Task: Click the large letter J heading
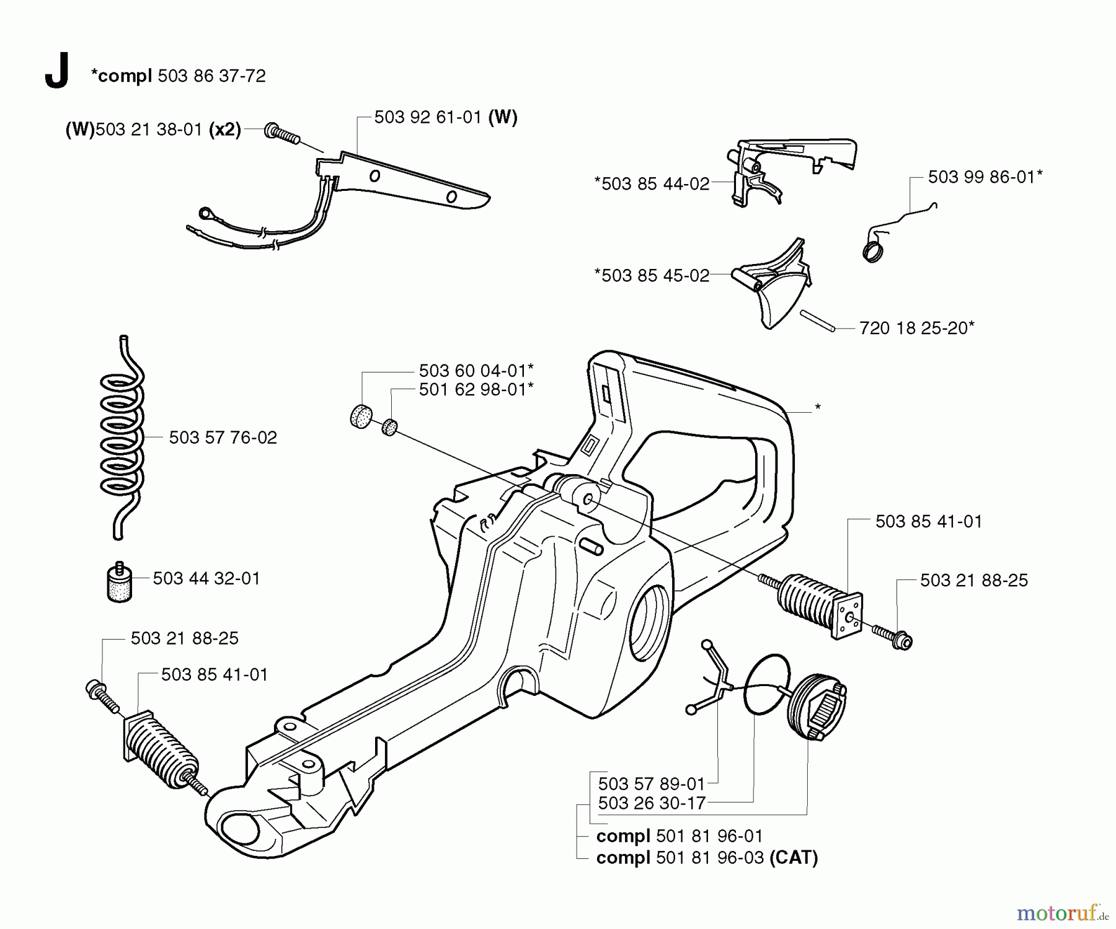tap(56, 72)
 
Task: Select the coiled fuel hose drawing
tap(122, 437)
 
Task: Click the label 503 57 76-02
tap(223, 438)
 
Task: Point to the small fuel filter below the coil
tap(118, 581)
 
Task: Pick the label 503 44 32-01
tap(206, 578)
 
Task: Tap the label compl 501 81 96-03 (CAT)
tap(707, 858)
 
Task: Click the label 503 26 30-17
tap(652, 803)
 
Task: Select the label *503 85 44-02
tap(652, 184)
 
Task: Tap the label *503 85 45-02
tap(652, 276)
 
